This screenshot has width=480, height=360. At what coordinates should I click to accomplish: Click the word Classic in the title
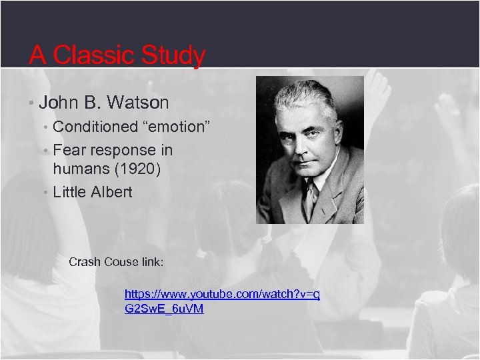point(94,55)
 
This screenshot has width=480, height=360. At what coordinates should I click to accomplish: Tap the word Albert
point(111,192)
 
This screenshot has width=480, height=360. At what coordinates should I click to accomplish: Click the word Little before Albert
point(69,192)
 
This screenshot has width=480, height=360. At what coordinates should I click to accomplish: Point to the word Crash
point(85,261)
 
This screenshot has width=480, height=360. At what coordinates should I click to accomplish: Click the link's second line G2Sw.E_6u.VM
point(164,309)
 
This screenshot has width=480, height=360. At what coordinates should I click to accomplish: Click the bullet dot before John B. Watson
point(32,103)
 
